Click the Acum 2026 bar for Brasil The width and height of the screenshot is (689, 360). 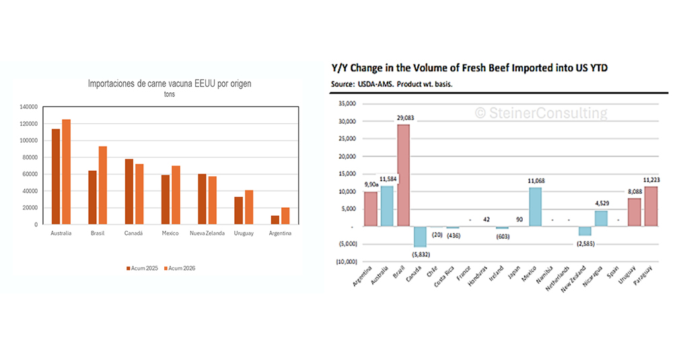click(x=102, y=185)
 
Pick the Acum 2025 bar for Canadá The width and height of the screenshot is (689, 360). click(x=129, y=192)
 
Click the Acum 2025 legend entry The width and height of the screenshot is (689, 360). click(x=143, y=268)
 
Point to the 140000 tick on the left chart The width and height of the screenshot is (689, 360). click(x=29, y=107)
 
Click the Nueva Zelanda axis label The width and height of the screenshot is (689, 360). click(x=206, y=233)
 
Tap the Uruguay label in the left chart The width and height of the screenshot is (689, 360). click(x=244, y=233)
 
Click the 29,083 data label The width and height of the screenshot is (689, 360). click(x=406, y=118)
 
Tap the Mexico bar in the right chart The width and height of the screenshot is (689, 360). click(x=535, y=207)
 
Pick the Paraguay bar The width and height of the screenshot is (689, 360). click(x=651, y=206)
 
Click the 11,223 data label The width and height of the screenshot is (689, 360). click(x=651, y=180)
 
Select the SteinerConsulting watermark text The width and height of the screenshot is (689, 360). click(x=541, y=113)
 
